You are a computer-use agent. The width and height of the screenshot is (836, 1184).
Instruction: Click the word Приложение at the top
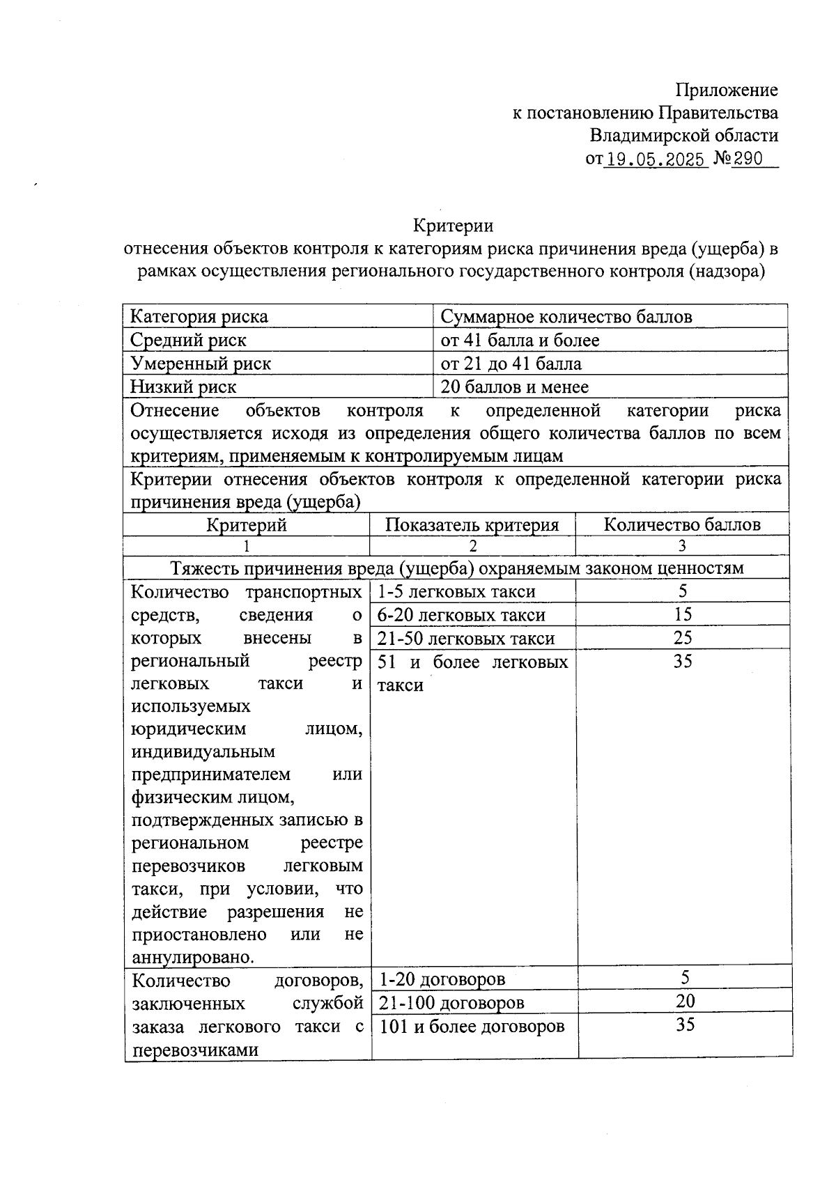[x=727, y=90]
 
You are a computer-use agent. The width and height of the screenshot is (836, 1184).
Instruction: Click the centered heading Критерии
[x=453, y=226]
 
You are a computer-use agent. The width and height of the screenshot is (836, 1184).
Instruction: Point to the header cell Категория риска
[x=199, y=317]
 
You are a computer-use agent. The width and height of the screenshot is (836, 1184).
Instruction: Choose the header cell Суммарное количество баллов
[x=566, y=317]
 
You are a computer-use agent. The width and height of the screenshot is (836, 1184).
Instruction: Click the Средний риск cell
[x=188, y=340]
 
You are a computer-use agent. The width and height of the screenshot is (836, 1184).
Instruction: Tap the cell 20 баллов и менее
[x=514, y=387]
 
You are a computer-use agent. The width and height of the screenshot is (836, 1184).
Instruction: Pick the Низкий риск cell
[x=183, y=387]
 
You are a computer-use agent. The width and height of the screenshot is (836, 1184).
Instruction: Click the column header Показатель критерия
[x=472, y=525]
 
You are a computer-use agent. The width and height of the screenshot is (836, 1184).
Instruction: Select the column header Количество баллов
[x=681, y=525]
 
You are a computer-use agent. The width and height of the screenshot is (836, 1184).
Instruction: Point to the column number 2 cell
[x=472, y=545]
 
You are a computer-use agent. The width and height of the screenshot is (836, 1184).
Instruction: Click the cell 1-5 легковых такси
[x=456, y=592]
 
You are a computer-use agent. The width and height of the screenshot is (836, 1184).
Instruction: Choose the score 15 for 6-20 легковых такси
[x=683, y=614]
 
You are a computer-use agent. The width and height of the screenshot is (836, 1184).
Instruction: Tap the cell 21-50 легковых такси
[x=466, y=639]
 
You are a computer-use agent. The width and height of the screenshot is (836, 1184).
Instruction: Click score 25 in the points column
[x=683, y=638]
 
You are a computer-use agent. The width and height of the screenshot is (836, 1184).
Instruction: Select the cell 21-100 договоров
[x=451, y=1003]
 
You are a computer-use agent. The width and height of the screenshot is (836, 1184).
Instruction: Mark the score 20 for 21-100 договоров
[x=686, y=1002]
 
